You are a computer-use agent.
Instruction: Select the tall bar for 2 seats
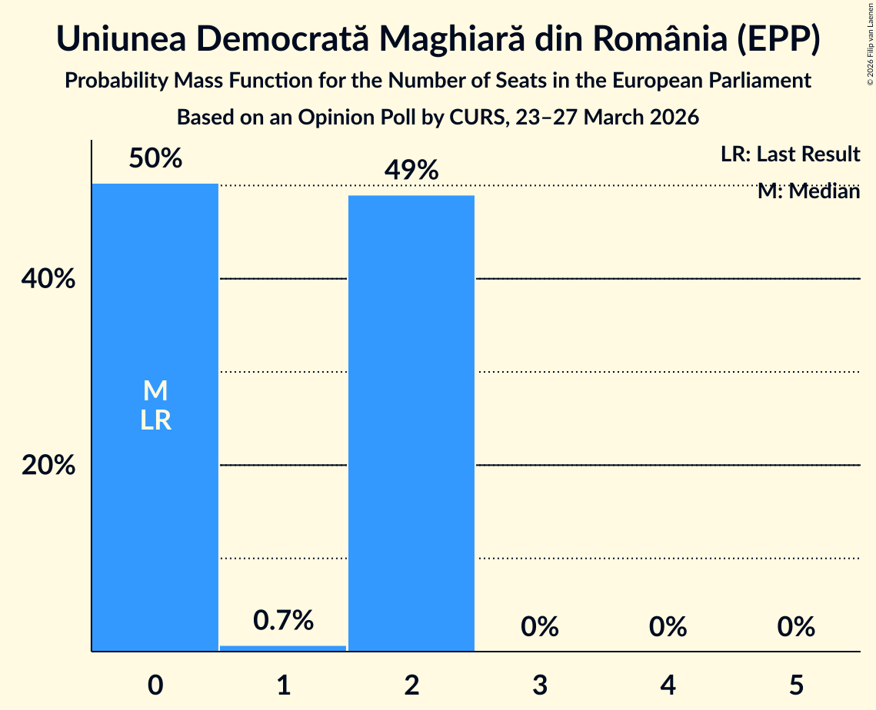tap(411, 423)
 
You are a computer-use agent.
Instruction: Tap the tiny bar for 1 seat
tap(283, 648)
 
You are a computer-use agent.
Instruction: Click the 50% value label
tap(155, 159)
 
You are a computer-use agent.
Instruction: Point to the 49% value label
tap(411, 171)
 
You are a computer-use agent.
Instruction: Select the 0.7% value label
tap(283, 620)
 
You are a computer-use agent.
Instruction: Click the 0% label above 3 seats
tap(539, 627)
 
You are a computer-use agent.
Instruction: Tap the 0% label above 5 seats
tap(795, 627)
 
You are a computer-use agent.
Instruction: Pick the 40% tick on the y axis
tap(48, 280)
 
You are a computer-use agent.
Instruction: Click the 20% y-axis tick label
tap(48, 466)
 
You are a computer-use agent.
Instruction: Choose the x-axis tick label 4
tap(668, 685)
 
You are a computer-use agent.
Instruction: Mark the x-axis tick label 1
tap(283, 685)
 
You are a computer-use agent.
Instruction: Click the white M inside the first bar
tap(155, 391)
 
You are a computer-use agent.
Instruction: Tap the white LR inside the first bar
tap(155, 421)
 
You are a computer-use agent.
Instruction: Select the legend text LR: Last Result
tap(790, 154)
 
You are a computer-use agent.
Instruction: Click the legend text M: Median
tap(808, 191)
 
